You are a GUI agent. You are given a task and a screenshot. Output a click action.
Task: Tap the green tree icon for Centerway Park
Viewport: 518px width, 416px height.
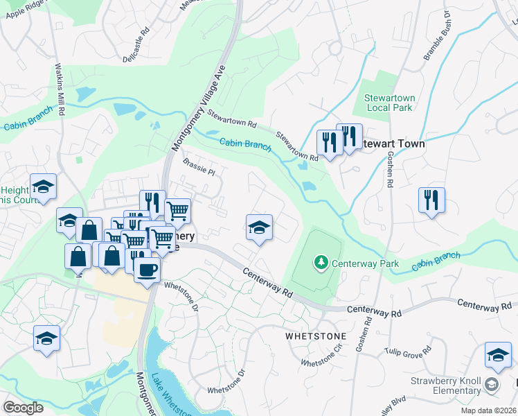point(321,263)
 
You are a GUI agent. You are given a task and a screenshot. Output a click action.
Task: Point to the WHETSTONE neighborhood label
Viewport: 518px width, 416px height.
point(315,336)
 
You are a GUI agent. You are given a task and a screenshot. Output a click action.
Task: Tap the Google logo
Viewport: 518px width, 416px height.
point(23,407)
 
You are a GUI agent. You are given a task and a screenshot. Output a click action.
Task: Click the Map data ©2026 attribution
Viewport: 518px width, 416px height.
point(488,410)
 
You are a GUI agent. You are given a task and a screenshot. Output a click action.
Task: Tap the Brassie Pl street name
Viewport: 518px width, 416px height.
point(199,165)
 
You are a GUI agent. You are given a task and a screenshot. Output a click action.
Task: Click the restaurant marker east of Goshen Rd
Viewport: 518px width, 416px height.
point(431,200)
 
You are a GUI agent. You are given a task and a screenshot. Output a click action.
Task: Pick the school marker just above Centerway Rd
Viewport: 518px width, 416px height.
point(259,227)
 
